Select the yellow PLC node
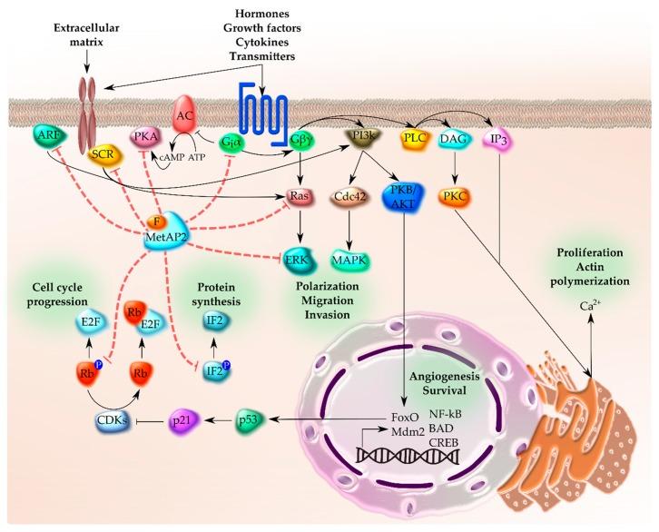coord(415,139)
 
